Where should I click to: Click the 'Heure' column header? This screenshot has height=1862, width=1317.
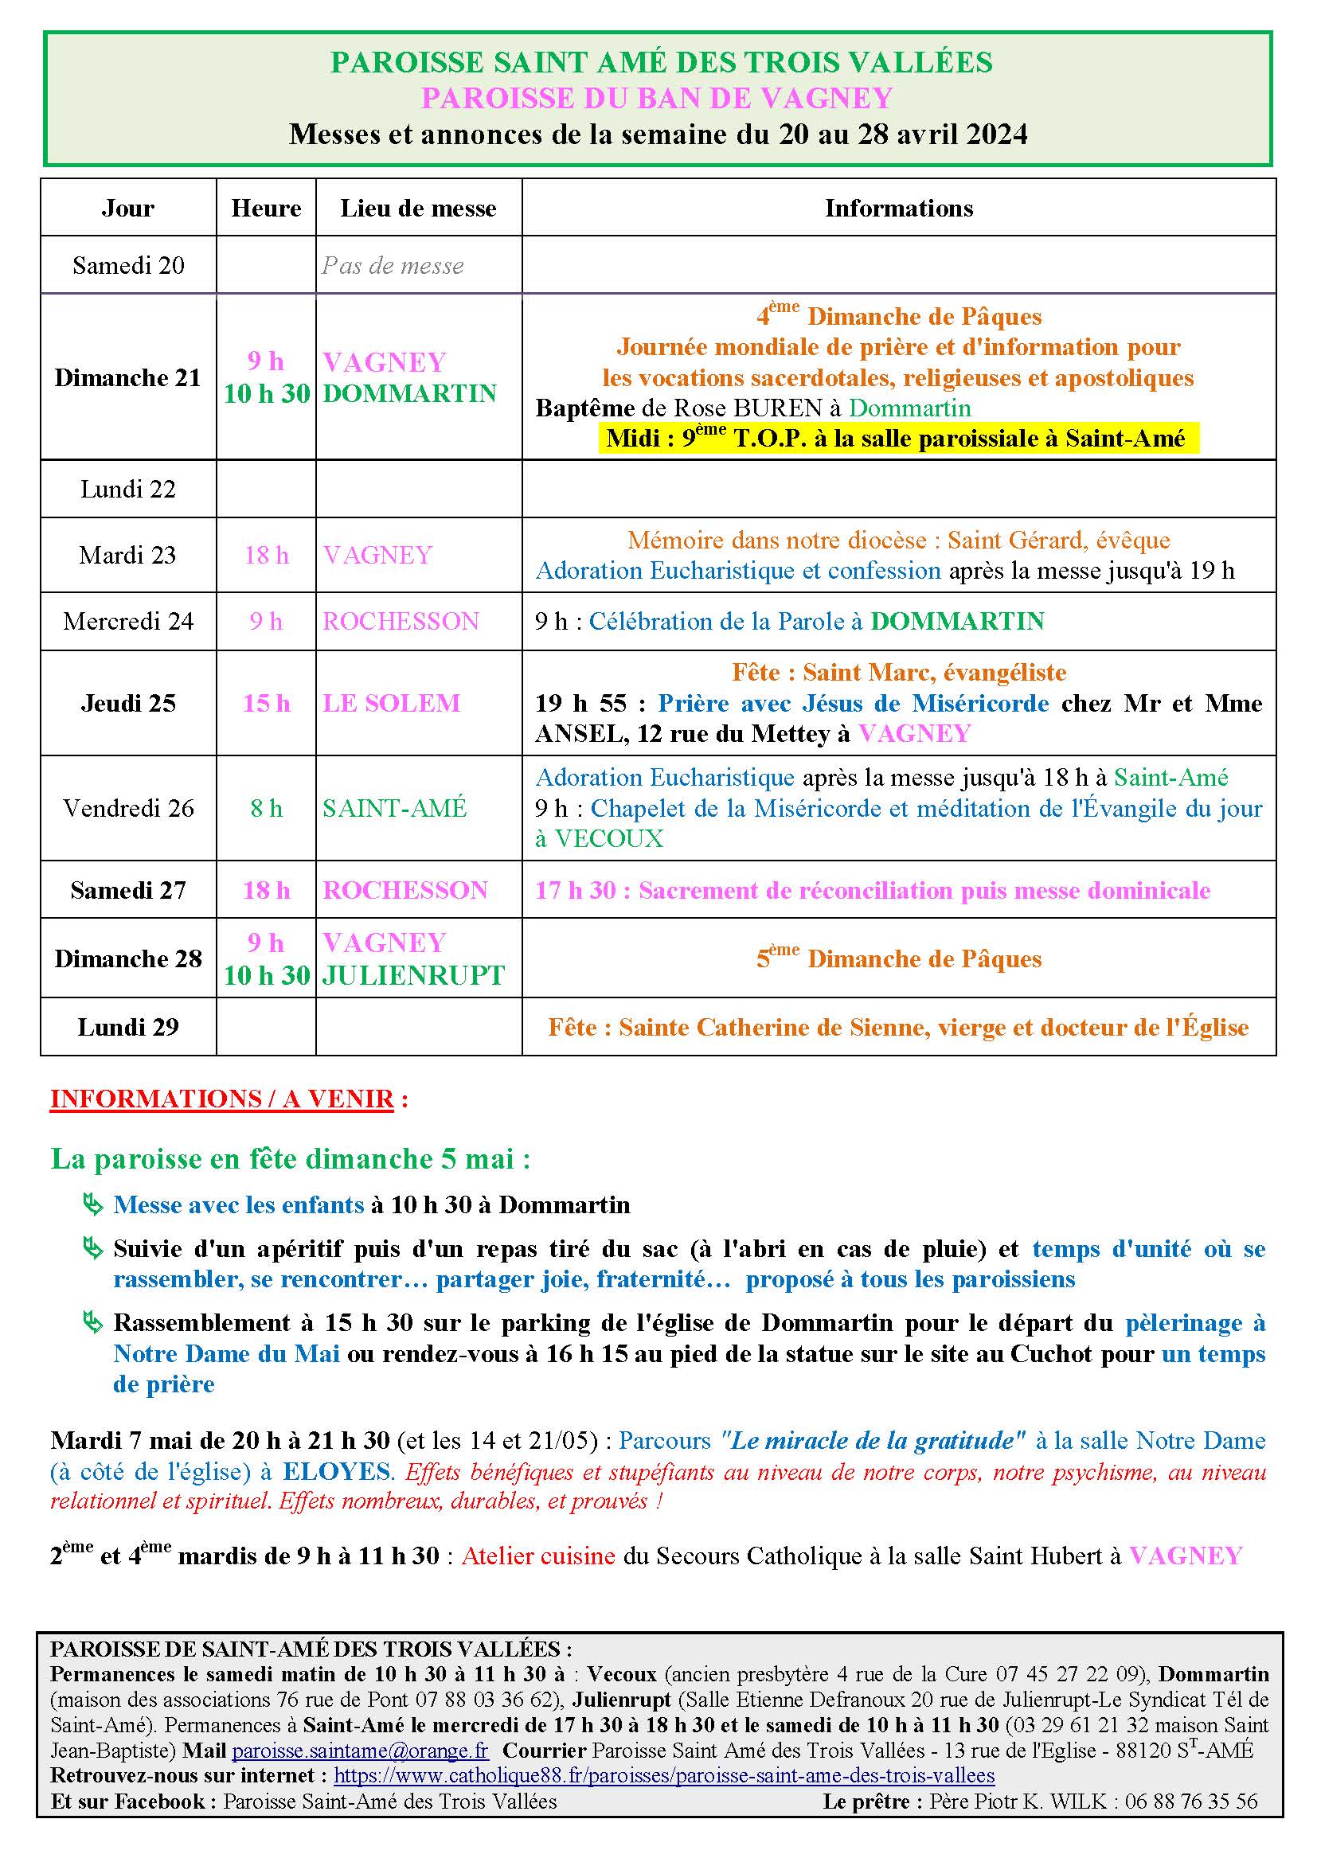pyautogui.click(x=266, y=209)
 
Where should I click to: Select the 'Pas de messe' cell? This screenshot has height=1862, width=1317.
pyautogui.click(x=393, y=266)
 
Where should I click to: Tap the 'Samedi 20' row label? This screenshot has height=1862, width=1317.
pyautogui.click(x=128, y=266)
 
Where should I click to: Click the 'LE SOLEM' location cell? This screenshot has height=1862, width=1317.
pyautogui.click(x=392, y=703)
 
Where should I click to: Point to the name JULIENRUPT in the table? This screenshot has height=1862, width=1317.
pyautogui.click(x=413, y=975)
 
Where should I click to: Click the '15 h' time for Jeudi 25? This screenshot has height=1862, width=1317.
pyautogui.click(x=266, y=703)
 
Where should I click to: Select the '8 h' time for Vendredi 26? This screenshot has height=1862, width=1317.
pyautogui.click(x=266, y=809)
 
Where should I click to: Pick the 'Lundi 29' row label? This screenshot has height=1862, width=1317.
pyautogui.click(x=128, y=1028)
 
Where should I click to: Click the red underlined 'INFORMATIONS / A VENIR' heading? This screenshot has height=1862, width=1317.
pyautogui.click(x=221, y=1099)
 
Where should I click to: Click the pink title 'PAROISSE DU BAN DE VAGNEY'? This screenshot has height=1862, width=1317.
pyautogui.click(x=657, y=98)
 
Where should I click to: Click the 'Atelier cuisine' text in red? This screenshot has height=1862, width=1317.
pyautogui.click(x=538, y=1556)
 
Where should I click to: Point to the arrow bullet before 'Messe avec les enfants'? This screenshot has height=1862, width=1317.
pyautogui.click(x=93, y=1206)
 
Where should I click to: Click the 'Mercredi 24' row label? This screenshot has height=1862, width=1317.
pyautogui.click(x=128, y=622)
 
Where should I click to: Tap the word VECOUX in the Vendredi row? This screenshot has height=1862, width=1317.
pyautogui.click(x=609, y=838)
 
